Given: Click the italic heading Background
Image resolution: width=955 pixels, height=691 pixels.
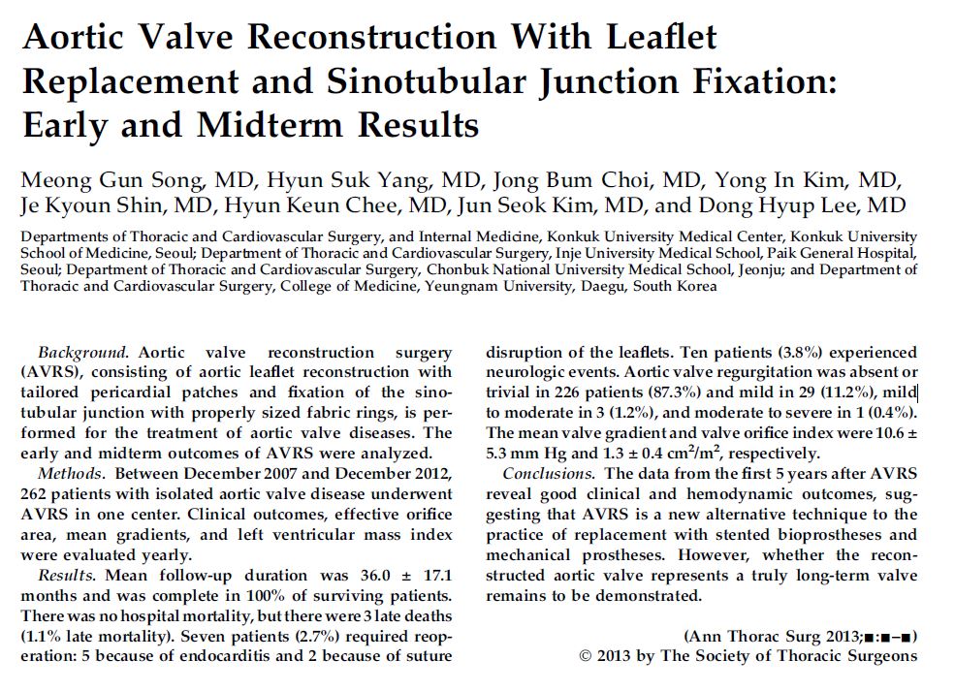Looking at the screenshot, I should pos(82,352).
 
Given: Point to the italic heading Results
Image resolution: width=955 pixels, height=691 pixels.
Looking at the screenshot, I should pos(66,575).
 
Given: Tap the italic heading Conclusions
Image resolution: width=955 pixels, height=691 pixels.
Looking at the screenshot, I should pos(548,473).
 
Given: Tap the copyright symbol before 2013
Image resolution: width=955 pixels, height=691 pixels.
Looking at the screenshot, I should pos(586,656).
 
